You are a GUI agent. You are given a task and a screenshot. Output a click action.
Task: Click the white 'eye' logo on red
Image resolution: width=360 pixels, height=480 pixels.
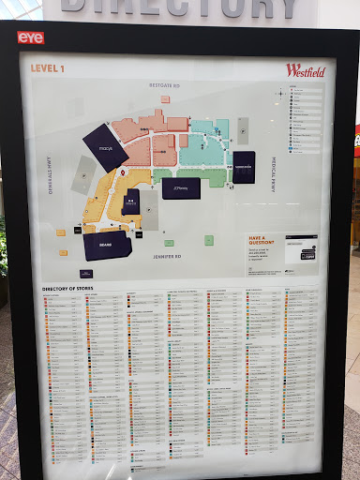pos(30,38)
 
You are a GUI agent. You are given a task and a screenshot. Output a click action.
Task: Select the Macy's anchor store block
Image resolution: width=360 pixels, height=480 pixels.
pos(104,148)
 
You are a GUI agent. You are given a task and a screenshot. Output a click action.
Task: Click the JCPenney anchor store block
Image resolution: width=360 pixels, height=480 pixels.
pos(180,187)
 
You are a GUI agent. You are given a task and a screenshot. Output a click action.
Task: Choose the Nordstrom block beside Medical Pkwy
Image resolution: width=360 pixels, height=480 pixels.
pos(243,166)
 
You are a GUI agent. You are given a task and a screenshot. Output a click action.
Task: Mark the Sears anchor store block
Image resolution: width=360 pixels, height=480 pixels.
pos(106,247)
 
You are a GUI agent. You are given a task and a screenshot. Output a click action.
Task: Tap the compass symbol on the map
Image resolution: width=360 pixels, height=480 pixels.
pos(279,94)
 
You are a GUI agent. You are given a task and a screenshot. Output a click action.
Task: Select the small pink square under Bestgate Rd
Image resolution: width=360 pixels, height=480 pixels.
pos(165,98)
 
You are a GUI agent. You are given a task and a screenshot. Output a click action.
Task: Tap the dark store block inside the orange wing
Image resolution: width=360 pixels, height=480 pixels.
pos(131,202)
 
